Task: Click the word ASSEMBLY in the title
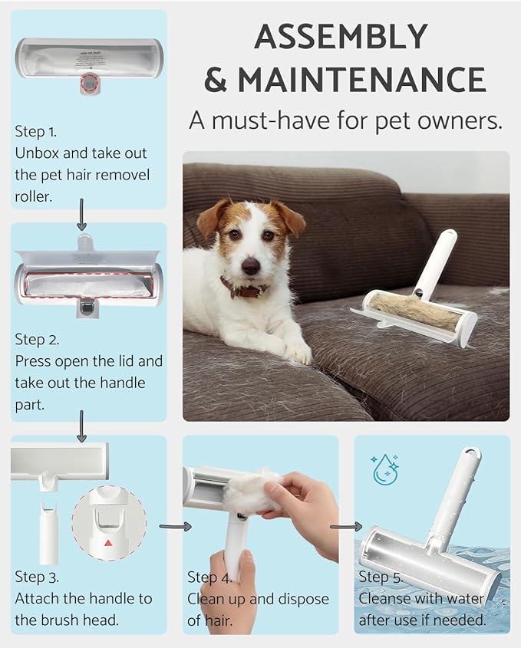click(341, 37)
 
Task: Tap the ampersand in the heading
click(216, 80)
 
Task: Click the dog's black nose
click(251, 265)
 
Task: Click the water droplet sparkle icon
click(385, 469)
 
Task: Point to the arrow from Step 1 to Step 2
click(82, 215)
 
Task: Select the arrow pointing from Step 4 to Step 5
click(346, 526)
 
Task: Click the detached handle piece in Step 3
click(49, 529)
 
